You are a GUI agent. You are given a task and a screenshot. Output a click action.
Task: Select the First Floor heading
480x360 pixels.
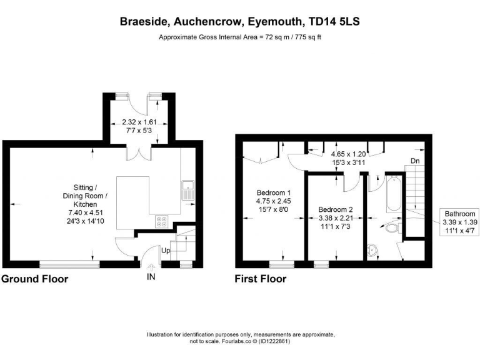pos(260,279)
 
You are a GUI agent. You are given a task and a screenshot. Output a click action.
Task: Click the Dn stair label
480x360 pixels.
pos(415,161)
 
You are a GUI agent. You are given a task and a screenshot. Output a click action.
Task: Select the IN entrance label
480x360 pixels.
pos(151,276)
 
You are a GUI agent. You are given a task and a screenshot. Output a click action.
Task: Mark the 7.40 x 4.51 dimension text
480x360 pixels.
pos(85,212)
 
